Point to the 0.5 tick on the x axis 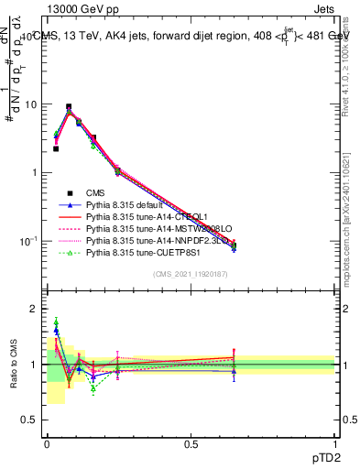coord(190,443)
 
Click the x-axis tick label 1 coord(333,443)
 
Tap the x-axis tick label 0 coord(46,443)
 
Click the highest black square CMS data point coord(69,106)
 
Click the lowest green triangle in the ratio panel coord(93,388)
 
